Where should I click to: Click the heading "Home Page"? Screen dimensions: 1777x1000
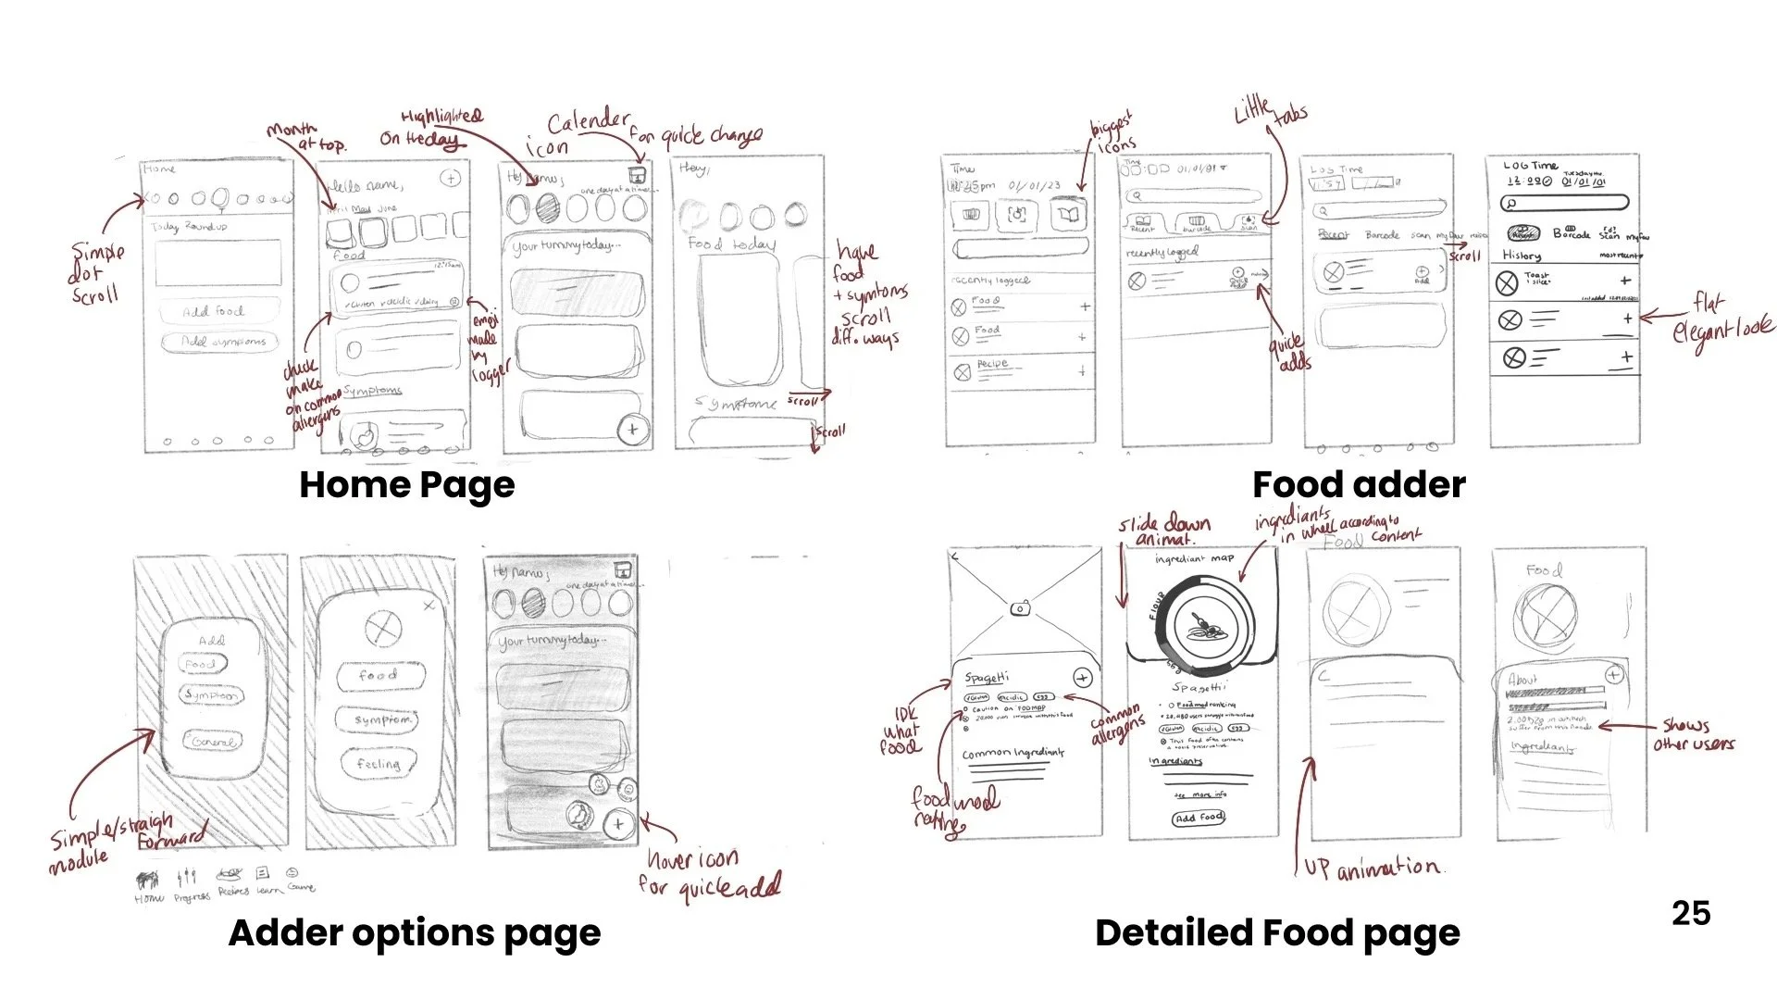coord(406,485)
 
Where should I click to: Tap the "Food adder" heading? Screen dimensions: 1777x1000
coord(1358,485)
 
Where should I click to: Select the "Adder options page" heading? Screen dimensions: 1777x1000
coord(415,932)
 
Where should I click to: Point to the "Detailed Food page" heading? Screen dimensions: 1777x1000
coord(1277,932)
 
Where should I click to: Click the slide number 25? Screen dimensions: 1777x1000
coord(1691,914)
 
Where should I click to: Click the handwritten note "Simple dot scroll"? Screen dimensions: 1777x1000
coord(96,272)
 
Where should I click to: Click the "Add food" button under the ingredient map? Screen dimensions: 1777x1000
coord(1199,818)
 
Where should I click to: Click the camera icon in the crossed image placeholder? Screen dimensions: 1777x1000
coord(1019,608)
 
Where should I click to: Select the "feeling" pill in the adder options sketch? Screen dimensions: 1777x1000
coord(379,764)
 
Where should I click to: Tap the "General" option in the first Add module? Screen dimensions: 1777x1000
coord(214,742)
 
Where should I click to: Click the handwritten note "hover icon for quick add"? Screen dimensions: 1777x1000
coord(709,873)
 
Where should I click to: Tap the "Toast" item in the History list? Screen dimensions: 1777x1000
coord(1537,278)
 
